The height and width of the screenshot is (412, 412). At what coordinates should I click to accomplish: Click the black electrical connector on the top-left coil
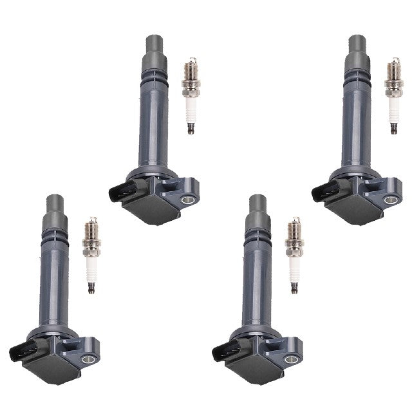coord(121,191)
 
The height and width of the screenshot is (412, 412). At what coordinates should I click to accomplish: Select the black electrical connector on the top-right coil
coord(323,191)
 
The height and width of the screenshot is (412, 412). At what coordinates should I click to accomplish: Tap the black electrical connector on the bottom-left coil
coord(22,350)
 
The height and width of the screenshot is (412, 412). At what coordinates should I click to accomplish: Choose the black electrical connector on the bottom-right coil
coord(223,350)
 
